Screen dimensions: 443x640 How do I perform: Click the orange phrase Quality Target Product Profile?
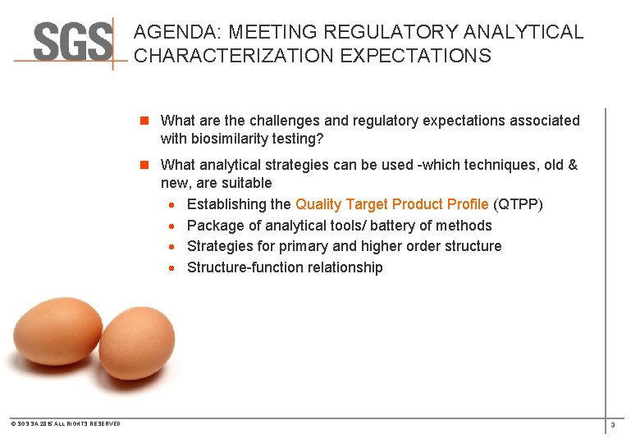click(x=391, y=204)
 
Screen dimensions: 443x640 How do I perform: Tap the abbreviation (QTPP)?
click(x=518, y=204)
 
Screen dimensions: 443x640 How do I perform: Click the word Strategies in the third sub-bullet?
click(x=219, y=246)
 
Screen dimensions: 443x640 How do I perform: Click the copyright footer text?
click(x=66, y=424)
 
